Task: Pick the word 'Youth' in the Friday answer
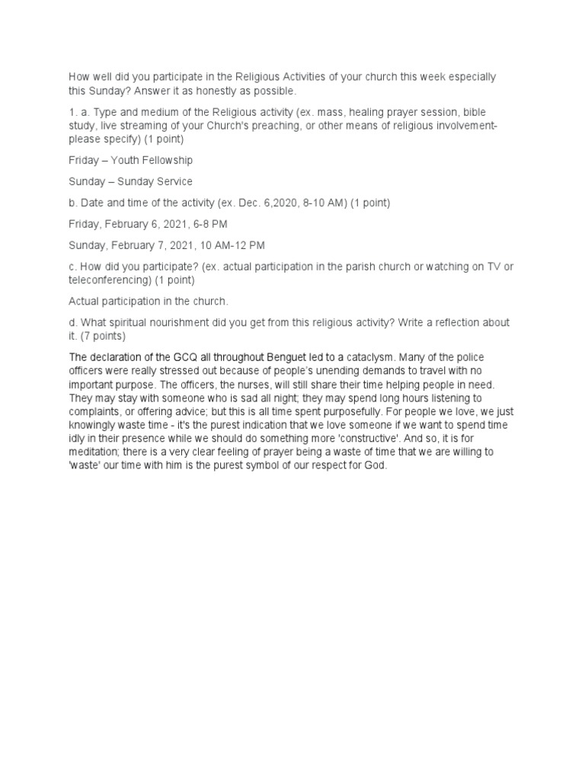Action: (x=125, y=160)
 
